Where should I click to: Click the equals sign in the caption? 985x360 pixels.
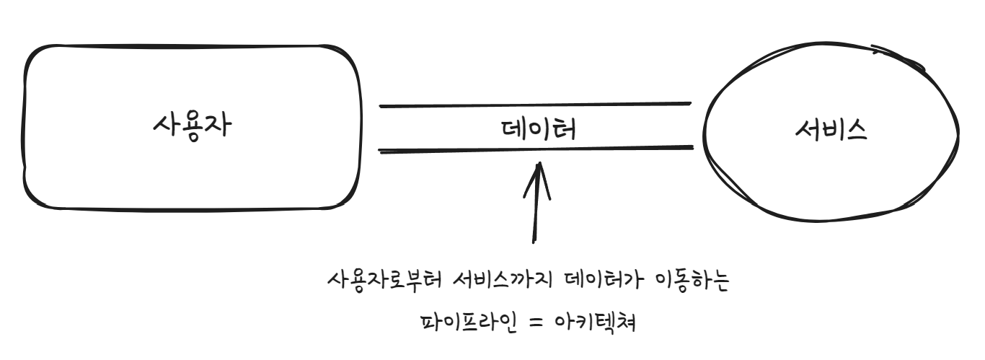click(x=538, y=318)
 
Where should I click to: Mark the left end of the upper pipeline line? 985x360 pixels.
click(x=381, y=106)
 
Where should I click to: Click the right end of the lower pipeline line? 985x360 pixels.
click(x=692, y=149)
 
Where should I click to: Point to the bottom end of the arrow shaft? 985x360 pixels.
click(x=534, y=242)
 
